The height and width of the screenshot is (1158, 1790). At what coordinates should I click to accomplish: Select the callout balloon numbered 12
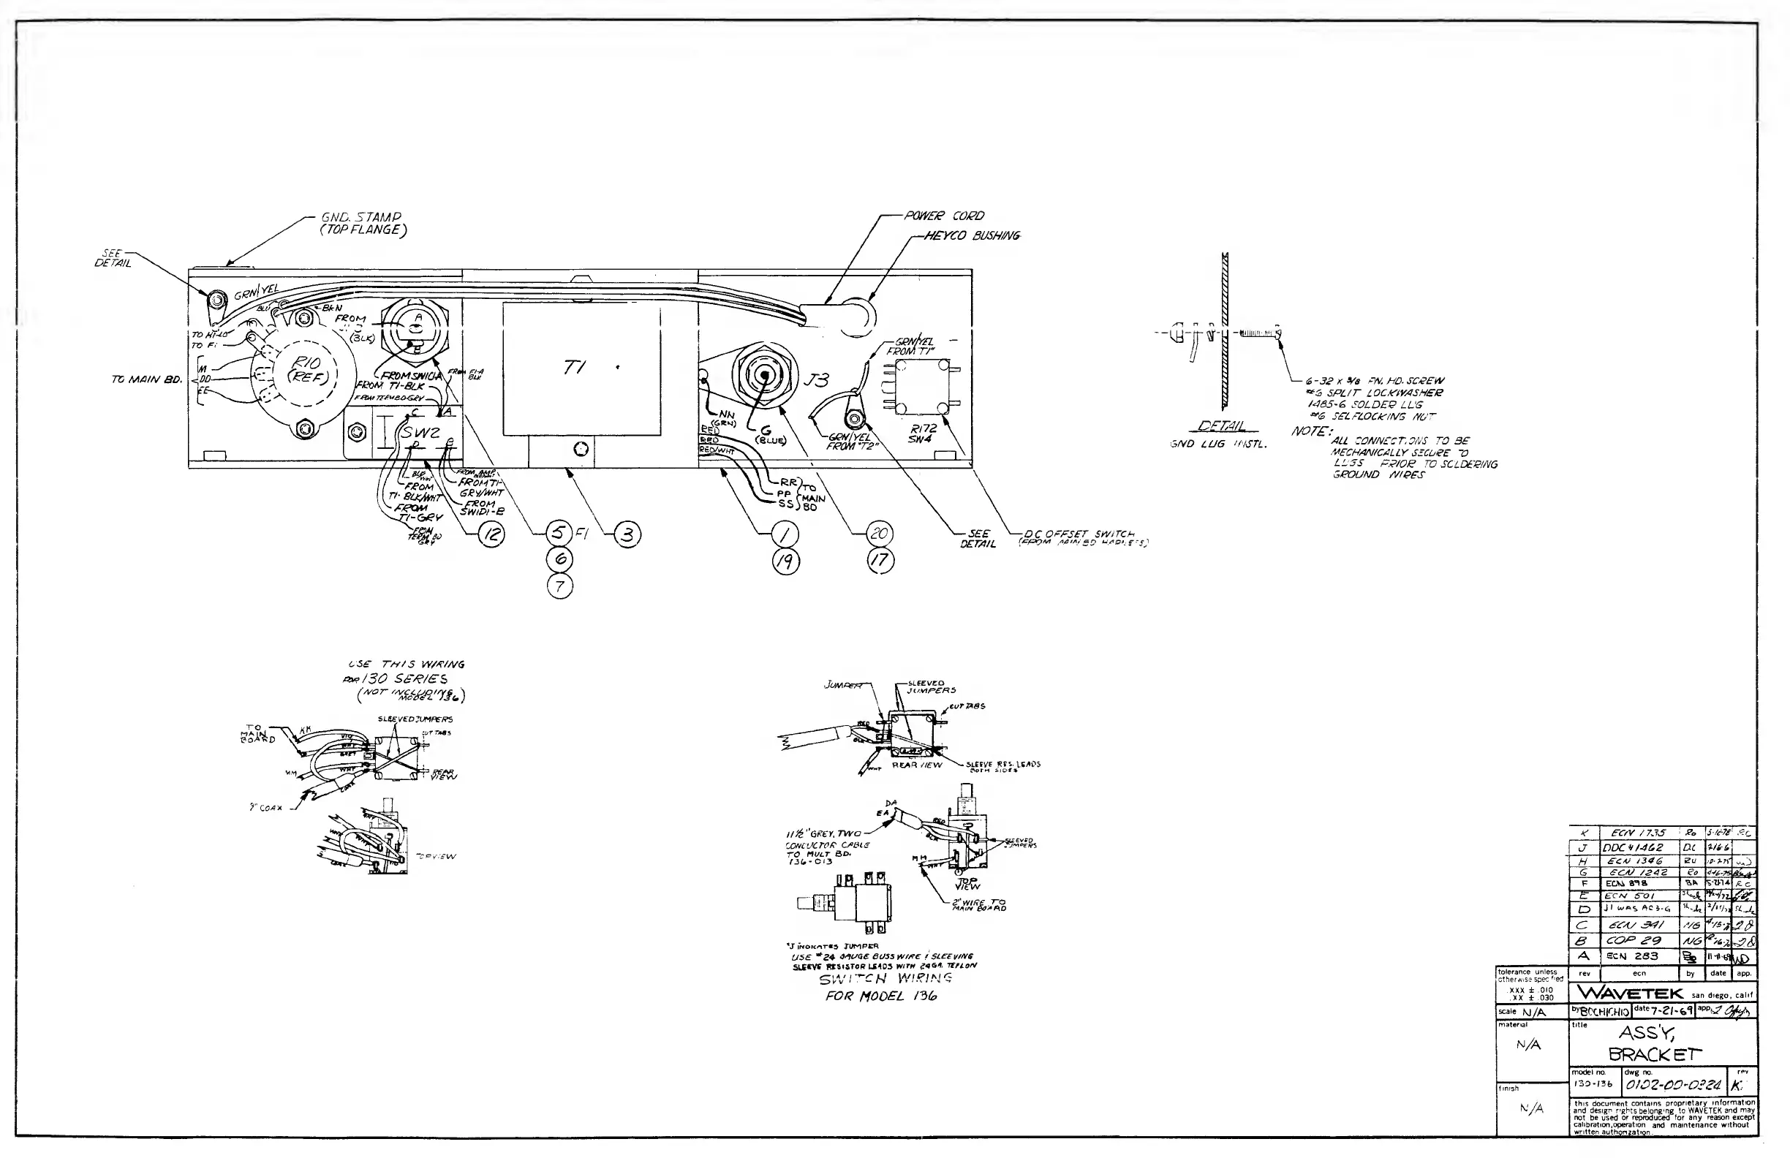491,534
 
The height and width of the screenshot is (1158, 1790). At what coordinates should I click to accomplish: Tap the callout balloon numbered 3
627,534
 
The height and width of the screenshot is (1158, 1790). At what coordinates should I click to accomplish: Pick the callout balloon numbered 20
879,534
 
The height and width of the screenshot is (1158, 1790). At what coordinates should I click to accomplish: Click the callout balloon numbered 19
787,561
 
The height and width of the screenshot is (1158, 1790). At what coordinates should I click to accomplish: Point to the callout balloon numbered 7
559,586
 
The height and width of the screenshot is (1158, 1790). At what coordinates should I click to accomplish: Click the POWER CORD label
944,216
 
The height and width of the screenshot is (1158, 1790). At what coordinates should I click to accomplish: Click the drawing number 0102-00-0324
1673,1085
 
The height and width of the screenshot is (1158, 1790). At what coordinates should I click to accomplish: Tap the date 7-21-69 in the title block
1669,1011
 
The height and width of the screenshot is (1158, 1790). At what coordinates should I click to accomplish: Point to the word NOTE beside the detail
1310,432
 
